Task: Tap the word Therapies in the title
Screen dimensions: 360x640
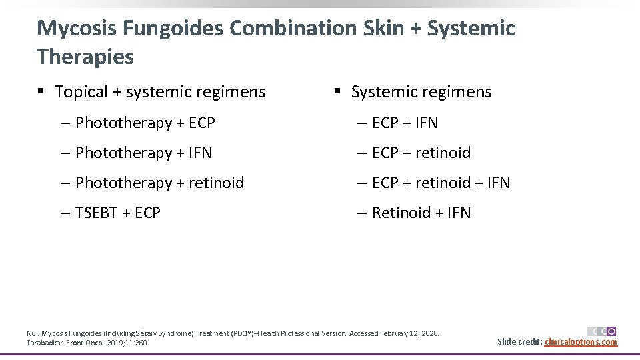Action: [85, 57]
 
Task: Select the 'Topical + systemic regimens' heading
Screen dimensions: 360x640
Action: [160, 92]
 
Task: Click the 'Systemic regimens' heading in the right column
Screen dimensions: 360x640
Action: [421, 92]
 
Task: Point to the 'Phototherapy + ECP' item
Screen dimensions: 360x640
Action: [145, 123]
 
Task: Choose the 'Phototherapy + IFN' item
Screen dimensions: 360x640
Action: [143, 153]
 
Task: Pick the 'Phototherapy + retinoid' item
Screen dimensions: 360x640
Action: [159, 183]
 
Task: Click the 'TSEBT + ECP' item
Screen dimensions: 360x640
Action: [118, 213]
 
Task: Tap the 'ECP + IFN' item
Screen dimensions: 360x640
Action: [405, 123]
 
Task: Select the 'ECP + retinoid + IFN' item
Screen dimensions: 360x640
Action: [441, 183]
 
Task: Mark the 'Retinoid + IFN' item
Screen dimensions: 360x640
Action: [421, 213]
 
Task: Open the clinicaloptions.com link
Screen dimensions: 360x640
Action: [581, 342]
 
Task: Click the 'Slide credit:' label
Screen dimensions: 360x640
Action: [520, 342]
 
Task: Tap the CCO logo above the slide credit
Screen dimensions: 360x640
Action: [602, 331]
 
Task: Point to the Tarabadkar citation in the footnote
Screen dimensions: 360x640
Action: [87, 343]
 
